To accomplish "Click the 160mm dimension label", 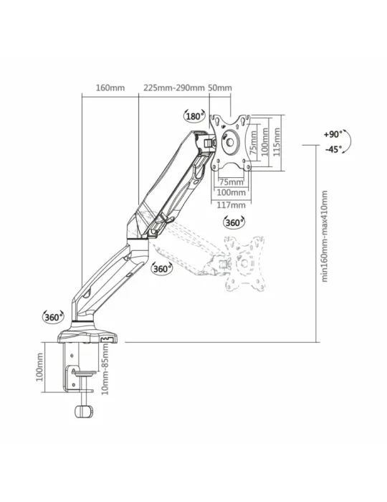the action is [110, 87].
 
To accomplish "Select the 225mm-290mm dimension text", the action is [173, 87].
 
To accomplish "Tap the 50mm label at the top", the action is [220, 87].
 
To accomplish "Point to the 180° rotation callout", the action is [194, 116].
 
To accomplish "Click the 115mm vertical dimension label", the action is [277, 142].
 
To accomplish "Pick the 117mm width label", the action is [231, 205].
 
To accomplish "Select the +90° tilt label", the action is [333, 134].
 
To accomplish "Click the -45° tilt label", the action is [333, 149].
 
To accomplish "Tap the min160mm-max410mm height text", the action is [325, 236].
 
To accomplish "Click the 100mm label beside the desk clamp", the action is [39, 367].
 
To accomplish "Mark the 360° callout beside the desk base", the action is [54, 317].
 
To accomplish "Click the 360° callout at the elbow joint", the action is [162, 268].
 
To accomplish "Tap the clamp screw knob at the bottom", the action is [83, 411].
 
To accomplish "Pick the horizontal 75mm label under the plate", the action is [231, 182].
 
